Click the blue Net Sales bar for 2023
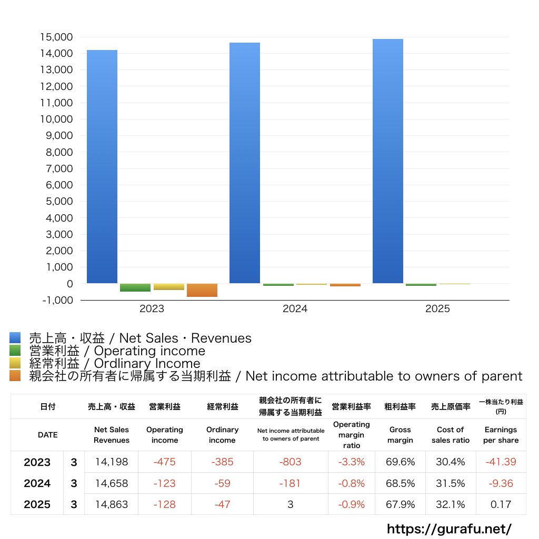pyautogui.click(x=102, y=166)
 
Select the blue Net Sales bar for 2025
pyautogui.click(x=388, y=161)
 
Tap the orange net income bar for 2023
pyautogui.click(x=202, y=290)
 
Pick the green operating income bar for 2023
pyautogui.click(x=135, y=287)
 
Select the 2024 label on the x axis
pyautogui.click(x=295, y=309)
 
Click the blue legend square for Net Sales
pyautogui.click(x=15, y=338)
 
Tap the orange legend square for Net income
pyautogui.click(x=15, y=376)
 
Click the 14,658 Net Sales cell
pyautogui.click(x=112, y=483)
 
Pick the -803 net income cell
pyautogui.click(x=290, y=462)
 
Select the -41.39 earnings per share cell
pyautogui.click(x=501, y=462)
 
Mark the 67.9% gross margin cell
pyautogui.click(x=400, y=504)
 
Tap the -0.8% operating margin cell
pyautogui.click(x=351, y=483)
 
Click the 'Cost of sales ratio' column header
pyautogui.click(x=451, y=435)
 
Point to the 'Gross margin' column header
pyautogui.click(x=400, y=435)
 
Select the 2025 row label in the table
pyautogui.click(x=37, y=504)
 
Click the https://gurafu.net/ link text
pyautogui.click(x=449, y=528)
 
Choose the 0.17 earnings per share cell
pyautogui.click(x=501, y=504)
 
